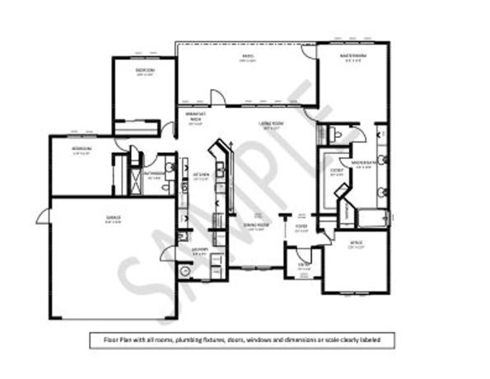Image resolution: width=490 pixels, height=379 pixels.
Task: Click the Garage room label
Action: coord(113,218)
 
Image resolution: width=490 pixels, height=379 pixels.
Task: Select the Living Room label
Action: coord(271,124)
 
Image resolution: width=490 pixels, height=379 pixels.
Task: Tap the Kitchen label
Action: coord(201,175)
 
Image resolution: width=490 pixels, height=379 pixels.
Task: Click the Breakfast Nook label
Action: coord(196,118)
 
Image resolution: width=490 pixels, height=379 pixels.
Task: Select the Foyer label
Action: coord(301,227)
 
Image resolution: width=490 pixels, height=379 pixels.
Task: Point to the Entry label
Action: coord(303,264)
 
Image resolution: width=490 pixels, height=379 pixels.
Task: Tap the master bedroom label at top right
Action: coord(355,57)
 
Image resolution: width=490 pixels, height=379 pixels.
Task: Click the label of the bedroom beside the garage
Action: coord(81,149)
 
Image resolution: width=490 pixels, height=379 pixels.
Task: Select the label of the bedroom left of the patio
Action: coord(145,71)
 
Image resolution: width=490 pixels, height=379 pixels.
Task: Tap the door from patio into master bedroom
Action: coord(310,50)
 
